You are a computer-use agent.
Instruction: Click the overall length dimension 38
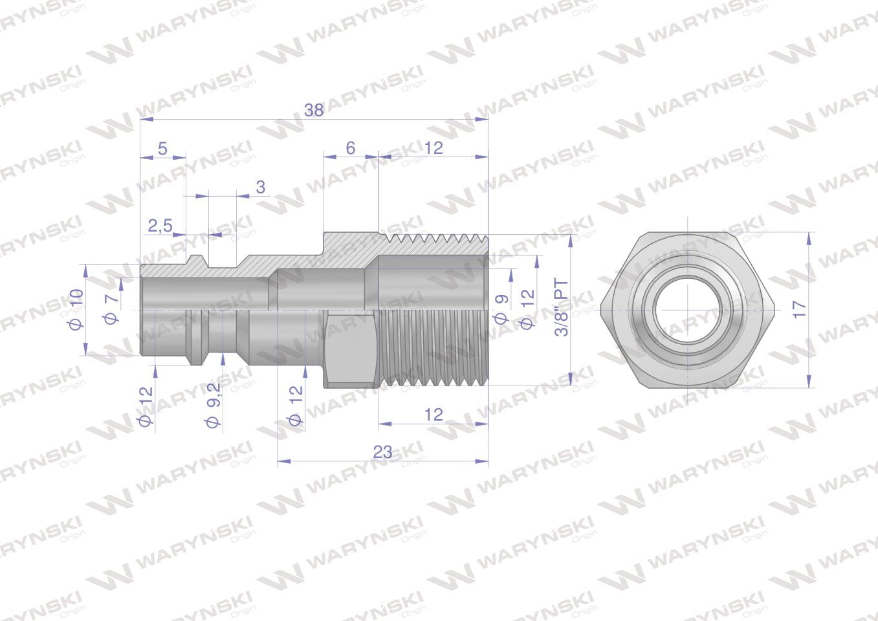coord(314,110)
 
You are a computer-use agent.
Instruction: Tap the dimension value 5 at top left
coord(162,149)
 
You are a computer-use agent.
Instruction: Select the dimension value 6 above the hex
coord(351,148)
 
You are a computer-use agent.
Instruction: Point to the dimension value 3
coord(261,187)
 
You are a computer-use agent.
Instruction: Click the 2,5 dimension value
coord(160,226)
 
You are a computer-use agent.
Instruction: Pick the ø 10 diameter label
coord(77,309)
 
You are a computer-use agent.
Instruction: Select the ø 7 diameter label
coord(111,309)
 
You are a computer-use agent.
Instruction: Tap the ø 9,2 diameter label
coord(214,405)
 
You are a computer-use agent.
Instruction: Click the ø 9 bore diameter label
coord(501,309)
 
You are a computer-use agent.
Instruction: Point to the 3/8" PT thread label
coord(562,308)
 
